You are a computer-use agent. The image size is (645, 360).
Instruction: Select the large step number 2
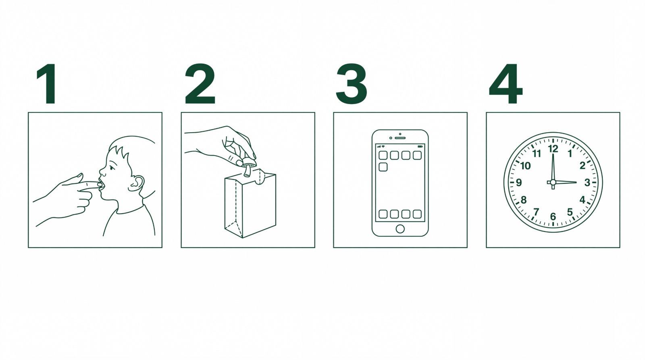click(200, 83)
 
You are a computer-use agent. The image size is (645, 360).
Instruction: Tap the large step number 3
click(352, 84)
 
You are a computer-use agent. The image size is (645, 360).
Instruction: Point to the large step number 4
click(506, 84)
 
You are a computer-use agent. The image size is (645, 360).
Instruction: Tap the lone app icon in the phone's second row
click(383, 167)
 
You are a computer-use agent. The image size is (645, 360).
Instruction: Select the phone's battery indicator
click(420, 147)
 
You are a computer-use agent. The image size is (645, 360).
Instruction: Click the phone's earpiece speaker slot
click(400, 138)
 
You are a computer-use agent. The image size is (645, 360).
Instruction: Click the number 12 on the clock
click(553, 149)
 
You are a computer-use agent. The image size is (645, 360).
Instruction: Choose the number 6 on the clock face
click(553, 216)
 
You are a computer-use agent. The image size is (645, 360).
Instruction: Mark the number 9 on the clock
click(519, 183)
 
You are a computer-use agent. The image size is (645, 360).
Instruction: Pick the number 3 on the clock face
click(587, 182)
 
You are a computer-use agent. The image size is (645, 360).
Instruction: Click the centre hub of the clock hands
click(553, 182)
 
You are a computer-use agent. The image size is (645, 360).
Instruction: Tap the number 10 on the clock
click(526, 166)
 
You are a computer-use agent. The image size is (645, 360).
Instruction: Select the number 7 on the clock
click(536, 212)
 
